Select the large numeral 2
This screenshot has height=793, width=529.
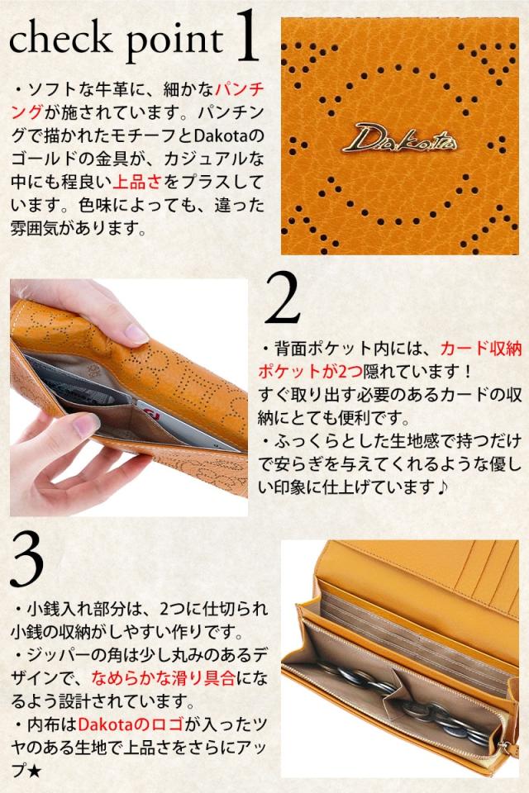tap(283, 298)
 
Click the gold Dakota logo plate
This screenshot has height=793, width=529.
tap(399, 138)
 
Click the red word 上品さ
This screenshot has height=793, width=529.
tap(137, 182)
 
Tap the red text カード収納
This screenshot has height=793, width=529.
tap(480, 349)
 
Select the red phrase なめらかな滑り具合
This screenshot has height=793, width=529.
tap(164, 677)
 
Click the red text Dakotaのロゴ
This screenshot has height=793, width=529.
tap(131, 724)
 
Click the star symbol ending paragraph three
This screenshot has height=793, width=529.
tap(34, 771)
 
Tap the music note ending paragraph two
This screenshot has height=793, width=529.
tap(442, 487)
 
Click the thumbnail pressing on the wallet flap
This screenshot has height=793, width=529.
tap(136, 334)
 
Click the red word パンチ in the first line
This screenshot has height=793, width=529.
tap(240, 89)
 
